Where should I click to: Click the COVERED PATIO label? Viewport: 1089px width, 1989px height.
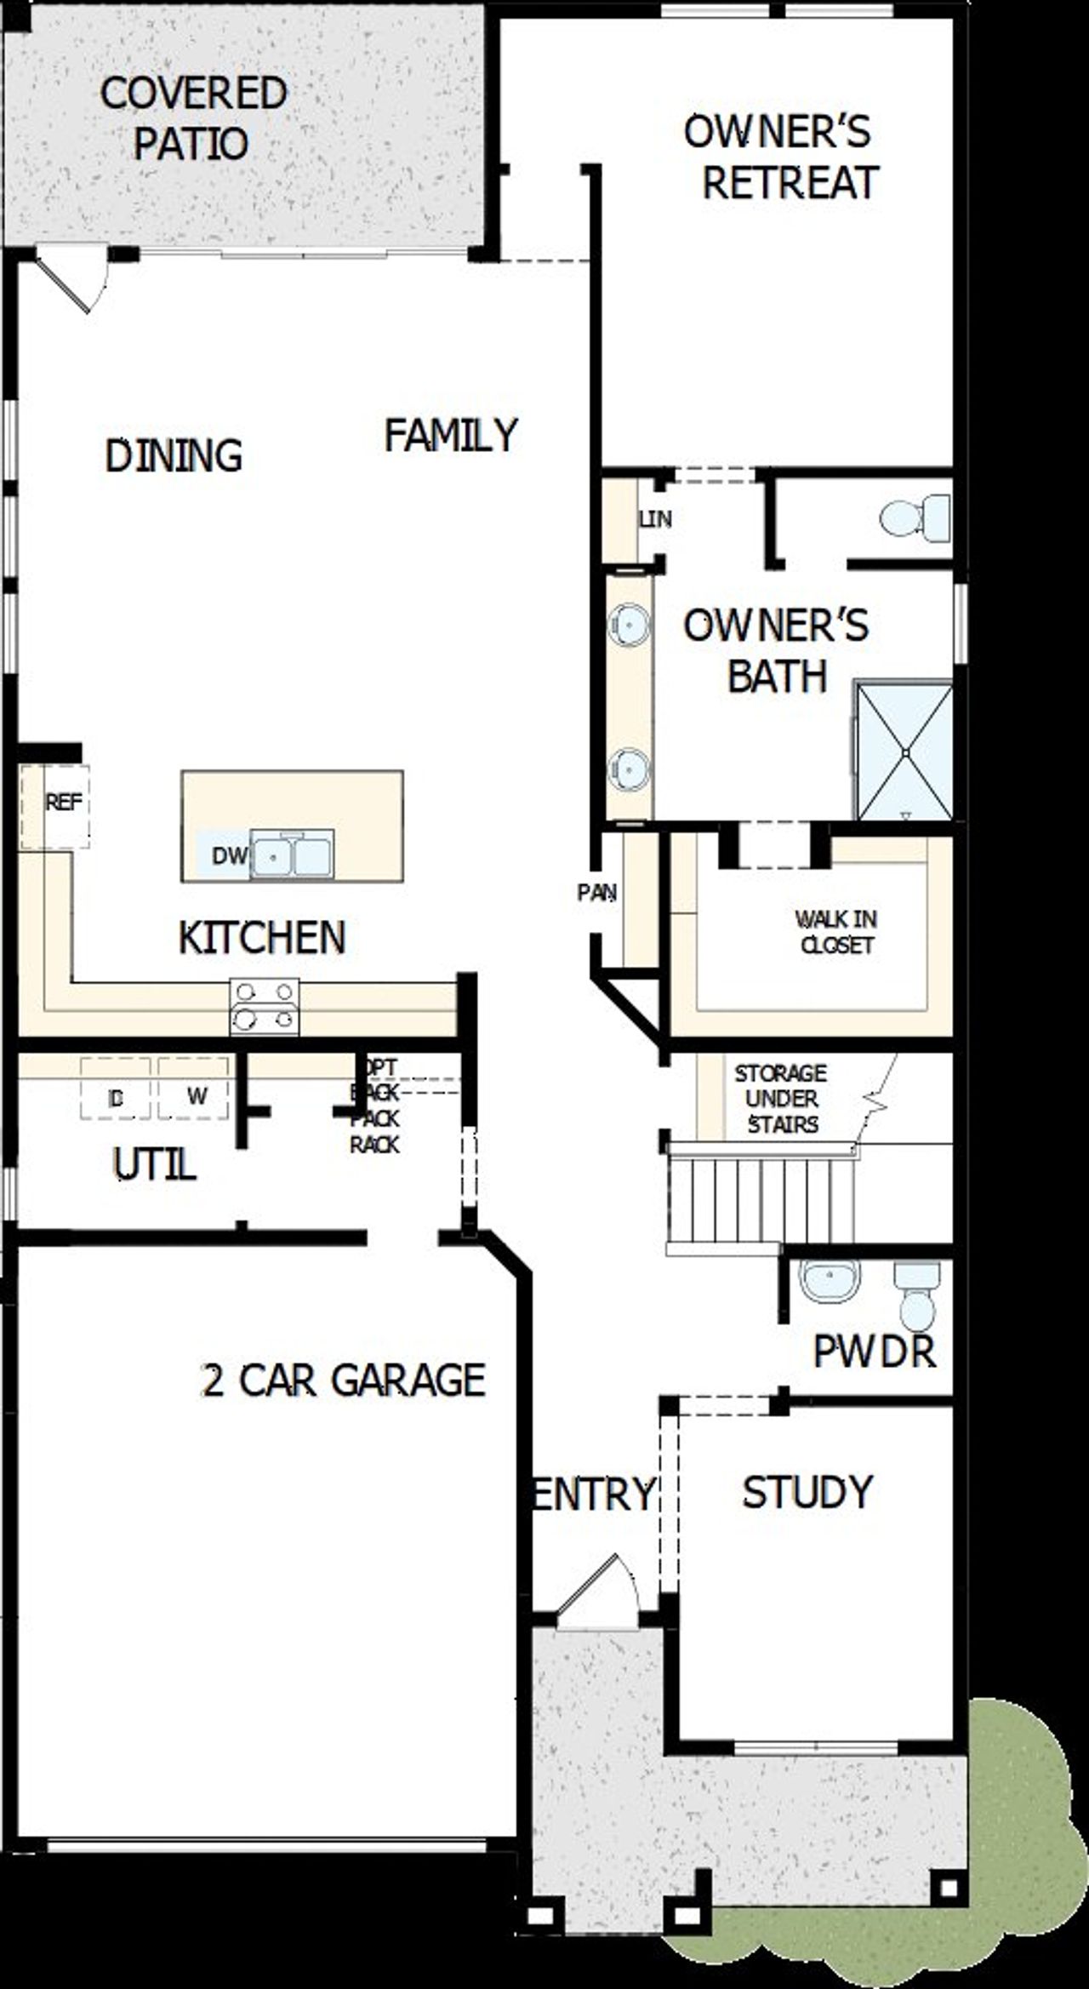pyautogui.click(x=193, y=118)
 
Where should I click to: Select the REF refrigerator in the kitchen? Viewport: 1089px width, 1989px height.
pyautogui.click(x=64, y=803)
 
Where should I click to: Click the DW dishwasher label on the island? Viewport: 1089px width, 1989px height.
pyautogui.click(x=228, y=855)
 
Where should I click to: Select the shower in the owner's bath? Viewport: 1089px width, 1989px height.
pyautogui.click(x=904, y=751)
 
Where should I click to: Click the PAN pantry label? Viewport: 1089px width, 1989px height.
pyautogui.click(x=597, y=893)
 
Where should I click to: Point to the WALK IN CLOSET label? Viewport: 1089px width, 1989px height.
pyautogui.click(x=836, y=932)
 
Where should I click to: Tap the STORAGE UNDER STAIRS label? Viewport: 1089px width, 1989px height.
pyautogui.click(x=780, y=1099)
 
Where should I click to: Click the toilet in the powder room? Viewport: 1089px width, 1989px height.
pyautogui.click(x=917, y=1295)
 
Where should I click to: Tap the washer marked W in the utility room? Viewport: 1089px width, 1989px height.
pyautogui.click(x=195, y=1097)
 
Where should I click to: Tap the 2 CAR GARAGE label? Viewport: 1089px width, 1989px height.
pyautogui.click(x=343, y=1380)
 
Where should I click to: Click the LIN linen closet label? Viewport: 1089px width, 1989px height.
pyautogui.click(x=655, y=518)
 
